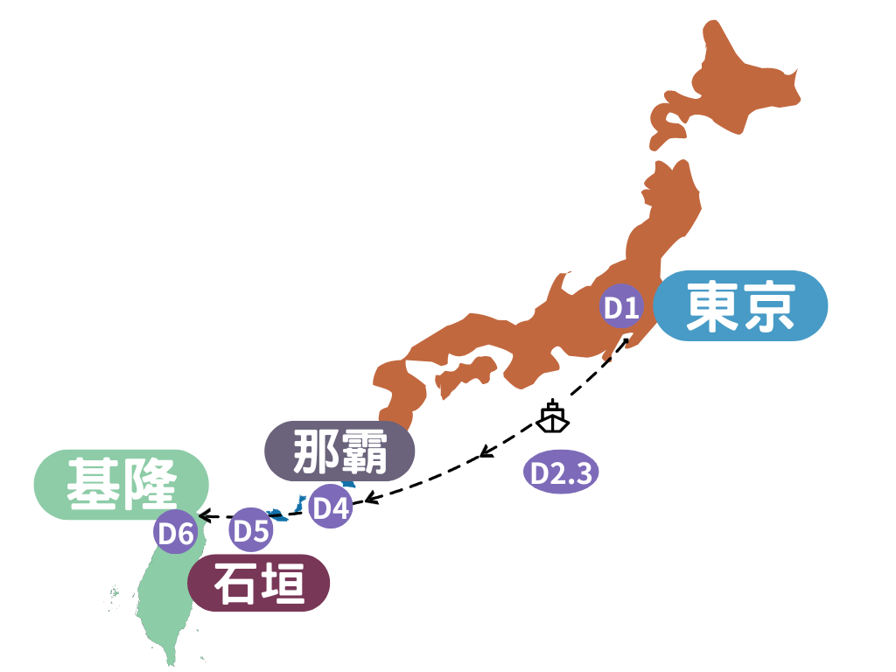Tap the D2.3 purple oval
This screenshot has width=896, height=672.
point(561,473)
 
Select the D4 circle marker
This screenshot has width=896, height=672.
point(331,507)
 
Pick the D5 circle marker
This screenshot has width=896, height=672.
point(251,530)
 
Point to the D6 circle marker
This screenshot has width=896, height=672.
point(175,532)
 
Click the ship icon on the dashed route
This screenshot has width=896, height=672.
point(552,416)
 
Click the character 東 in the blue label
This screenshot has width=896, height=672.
point(710,306)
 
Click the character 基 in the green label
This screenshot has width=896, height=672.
point(94,484)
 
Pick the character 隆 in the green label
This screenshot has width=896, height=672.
point(150,484)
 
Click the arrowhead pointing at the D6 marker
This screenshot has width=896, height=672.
point(203,515)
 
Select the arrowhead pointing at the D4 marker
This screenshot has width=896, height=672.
point(368,500)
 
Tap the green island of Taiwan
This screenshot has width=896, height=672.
point(162,604)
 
